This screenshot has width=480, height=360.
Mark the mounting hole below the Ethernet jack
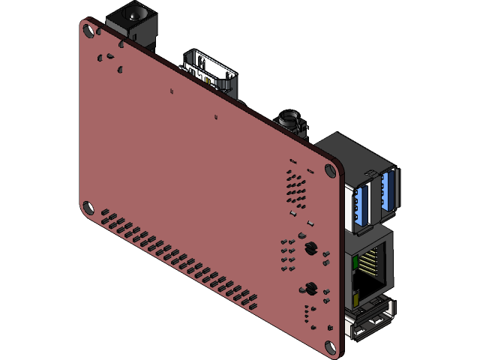[x=329, y=346]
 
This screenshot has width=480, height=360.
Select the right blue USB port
[x=388, y=191]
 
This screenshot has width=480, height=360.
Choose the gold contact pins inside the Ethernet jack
[x=368, y=262]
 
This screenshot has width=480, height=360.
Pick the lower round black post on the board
[x=308, y=286]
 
